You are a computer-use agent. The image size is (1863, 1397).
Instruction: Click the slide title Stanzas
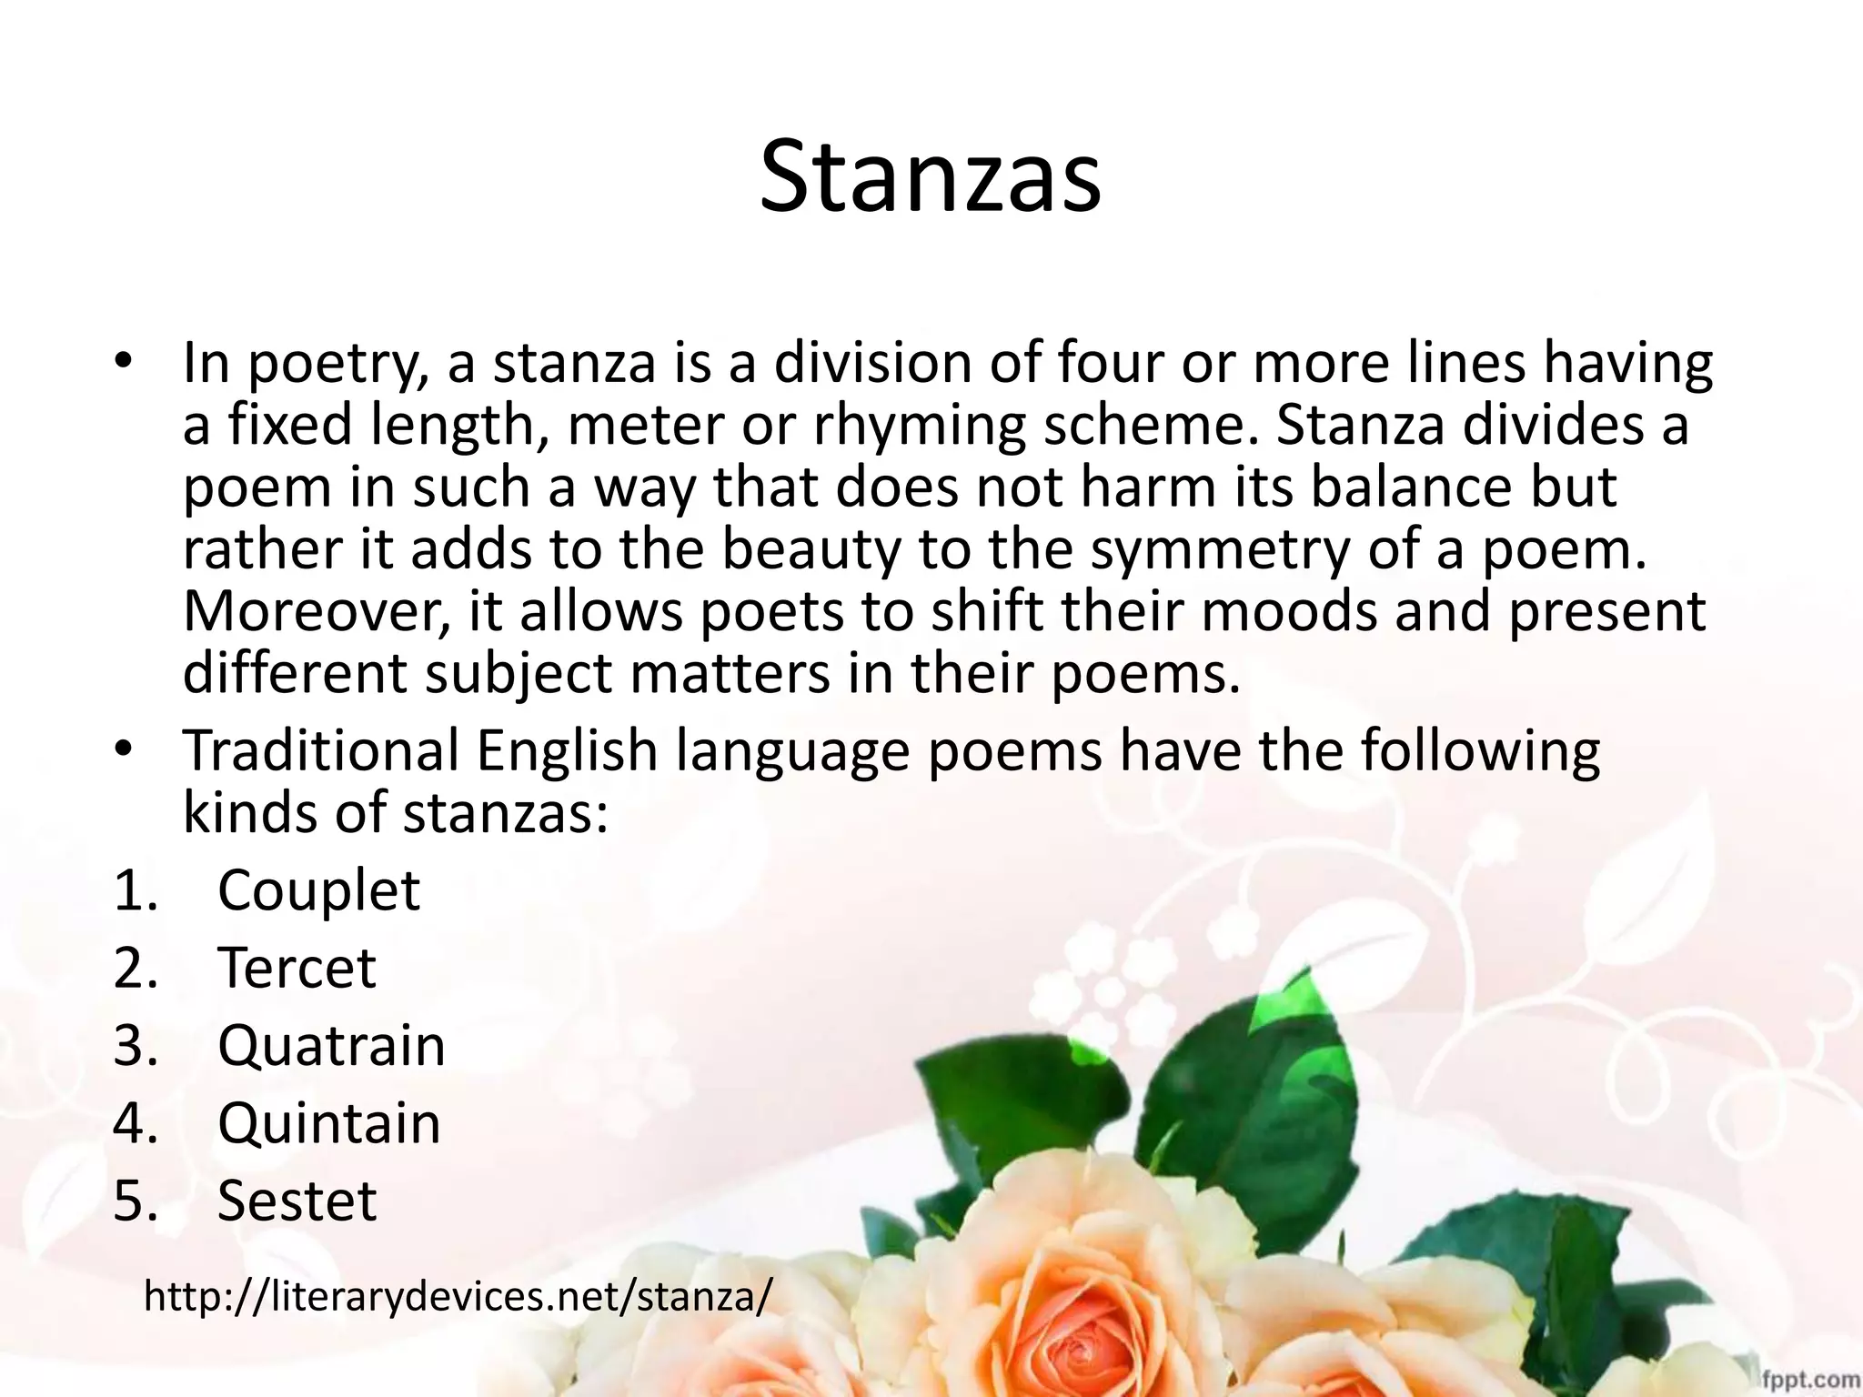[x=931, y=176]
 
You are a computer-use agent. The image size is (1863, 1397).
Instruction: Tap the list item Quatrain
[x=331, y=1045]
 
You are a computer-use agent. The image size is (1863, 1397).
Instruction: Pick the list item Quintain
[x=329, y=1123]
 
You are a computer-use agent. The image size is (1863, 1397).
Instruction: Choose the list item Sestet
[x=297, y=1201]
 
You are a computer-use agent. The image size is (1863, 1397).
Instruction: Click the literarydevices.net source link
[x=458, y=1296]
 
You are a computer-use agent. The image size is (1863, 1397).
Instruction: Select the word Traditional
[x=321, y=751]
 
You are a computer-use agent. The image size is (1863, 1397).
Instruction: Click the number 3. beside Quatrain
[x=136, y=1045]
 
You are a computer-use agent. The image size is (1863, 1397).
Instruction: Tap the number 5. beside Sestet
[x=136, y=1201]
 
